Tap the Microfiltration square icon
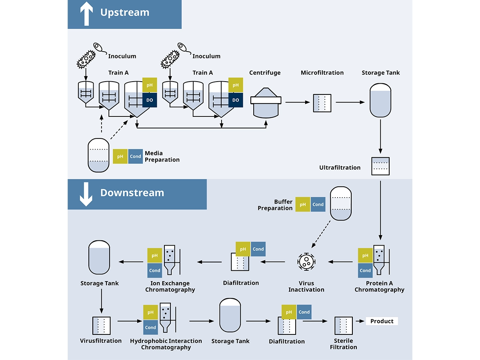tap(322, 103)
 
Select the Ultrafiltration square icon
tap(380, 166)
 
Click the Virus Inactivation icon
tap(307, 262)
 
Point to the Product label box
tap(382, 321)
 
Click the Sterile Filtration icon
tap(343, 326)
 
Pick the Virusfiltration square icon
tap(101, 326)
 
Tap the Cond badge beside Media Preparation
tap(136, 156)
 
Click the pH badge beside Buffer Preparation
tap(303, 204)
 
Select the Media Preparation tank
tap(98, 156)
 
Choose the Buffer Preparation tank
tap(341, 204)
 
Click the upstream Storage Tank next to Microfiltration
tap(380, 100)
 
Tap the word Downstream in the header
tap(132, 193)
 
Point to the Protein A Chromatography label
tap(379, 286)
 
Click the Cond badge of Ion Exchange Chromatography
tap(155, 270)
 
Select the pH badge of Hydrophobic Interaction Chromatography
tap(150, 312)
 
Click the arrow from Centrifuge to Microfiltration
tap(298, 102)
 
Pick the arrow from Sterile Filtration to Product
tap(359, 321)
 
